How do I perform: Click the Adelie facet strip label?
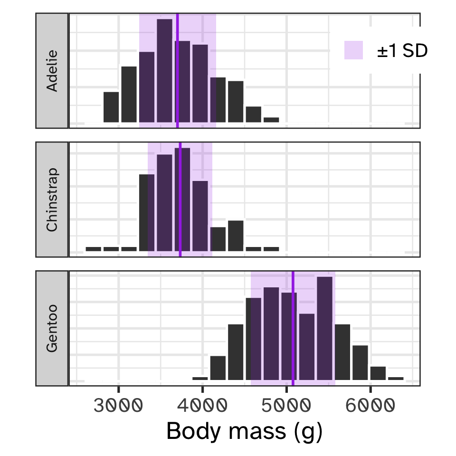tap(52, 70)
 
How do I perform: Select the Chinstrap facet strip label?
tap(52, 199)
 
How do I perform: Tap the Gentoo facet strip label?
tap(52, 328)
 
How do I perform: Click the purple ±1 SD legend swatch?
tap(353, 50)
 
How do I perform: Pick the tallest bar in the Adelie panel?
tap(164, 71)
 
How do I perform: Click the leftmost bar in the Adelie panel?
tap(111, 107)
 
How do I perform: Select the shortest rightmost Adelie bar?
tap(271, 120)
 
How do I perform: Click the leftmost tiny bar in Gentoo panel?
tap(200, 378)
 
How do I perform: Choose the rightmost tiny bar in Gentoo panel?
tap(396, 378)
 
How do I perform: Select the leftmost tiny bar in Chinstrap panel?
tap(94, 249)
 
